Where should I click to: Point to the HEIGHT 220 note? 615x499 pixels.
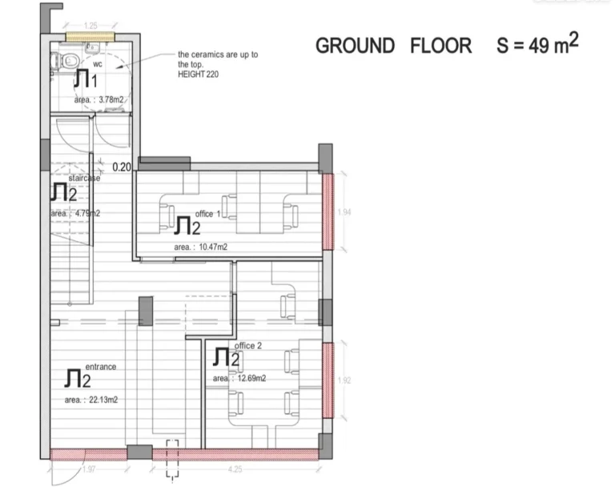[198, 74]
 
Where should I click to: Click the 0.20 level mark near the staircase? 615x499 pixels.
[123, 167]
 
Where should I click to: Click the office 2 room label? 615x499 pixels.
[247, 345]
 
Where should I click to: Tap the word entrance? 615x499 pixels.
[101, 366]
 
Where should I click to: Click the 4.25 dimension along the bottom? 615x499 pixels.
[235, 469]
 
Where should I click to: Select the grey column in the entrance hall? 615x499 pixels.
[146, 311]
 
